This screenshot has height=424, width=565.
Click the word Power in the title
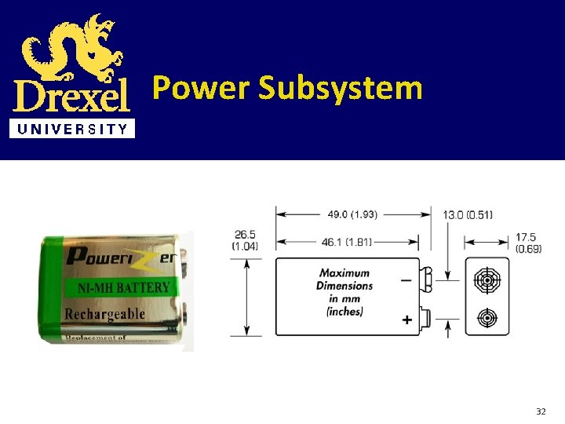pos(200,88)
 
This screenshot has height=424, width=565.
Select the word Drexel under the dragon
pos(71,97)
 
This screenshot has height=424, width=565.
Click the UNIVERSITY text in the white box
pos(71,130)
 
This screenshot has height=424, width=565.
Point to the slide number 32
pos(540,411)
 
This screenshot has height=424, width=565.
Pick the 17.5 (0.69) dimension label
pos(528,243)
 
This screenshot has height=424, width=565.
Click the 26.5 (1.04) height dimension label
pos(246,240)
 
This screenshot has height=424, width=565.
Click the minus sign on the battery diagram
pos(406,279)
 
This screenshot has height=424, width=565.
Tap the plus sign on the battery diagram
pos(407,320)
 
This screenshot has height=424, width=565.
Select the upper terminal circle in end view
pos(487,280)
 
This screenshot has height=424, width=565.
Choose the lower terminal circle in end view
pos(487,318)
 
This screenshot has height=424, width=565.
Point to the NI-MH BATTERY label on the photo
pos(123,288)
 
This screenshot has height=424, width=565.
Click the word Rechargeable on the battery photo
pos(105,314)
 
